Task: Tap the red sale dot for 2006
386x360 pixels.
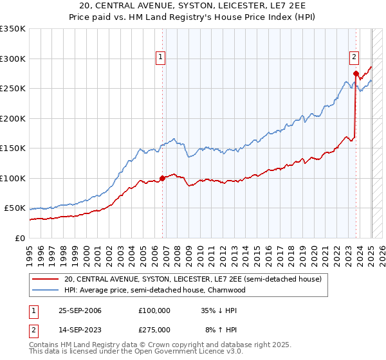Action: point(162,178)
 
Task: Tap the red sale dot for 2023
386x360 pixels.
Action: point(356,73)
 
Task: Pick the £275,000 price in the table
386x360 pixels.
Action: point(154,329)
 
